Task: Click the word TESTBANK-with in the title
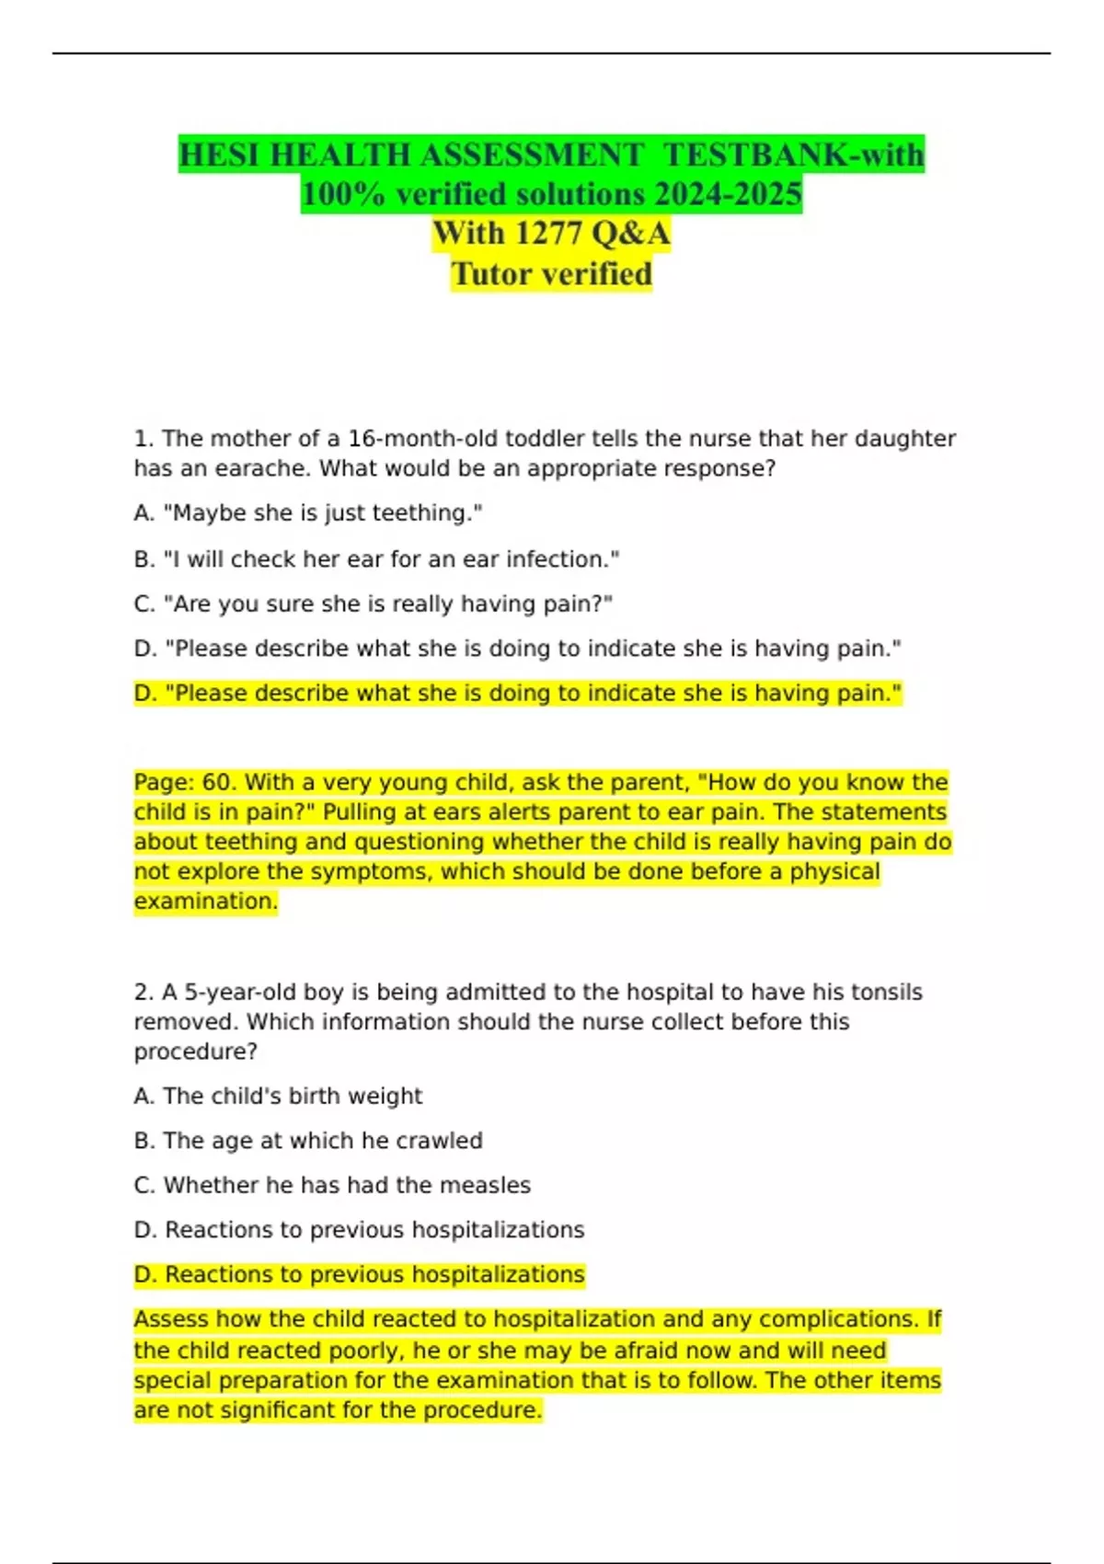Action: coord(793,155)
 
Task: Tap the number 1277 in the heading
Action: coord(548,234)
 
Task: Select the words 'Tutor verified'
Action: coord(551,274)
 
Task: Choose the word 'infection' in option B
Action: coord(570,559)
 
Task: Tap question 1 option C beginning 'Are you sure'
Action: coord(373,604)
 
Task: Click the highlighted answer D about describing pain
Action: coord(517,694)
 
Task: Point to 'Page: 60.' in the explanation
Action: coord(186,783)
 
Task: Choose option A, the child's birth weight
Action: coord(278,1097)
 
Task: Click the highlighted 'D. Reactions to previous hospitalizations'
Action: coord(359,1275)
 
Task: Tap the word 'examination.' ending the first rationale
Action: coord(205,902)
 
